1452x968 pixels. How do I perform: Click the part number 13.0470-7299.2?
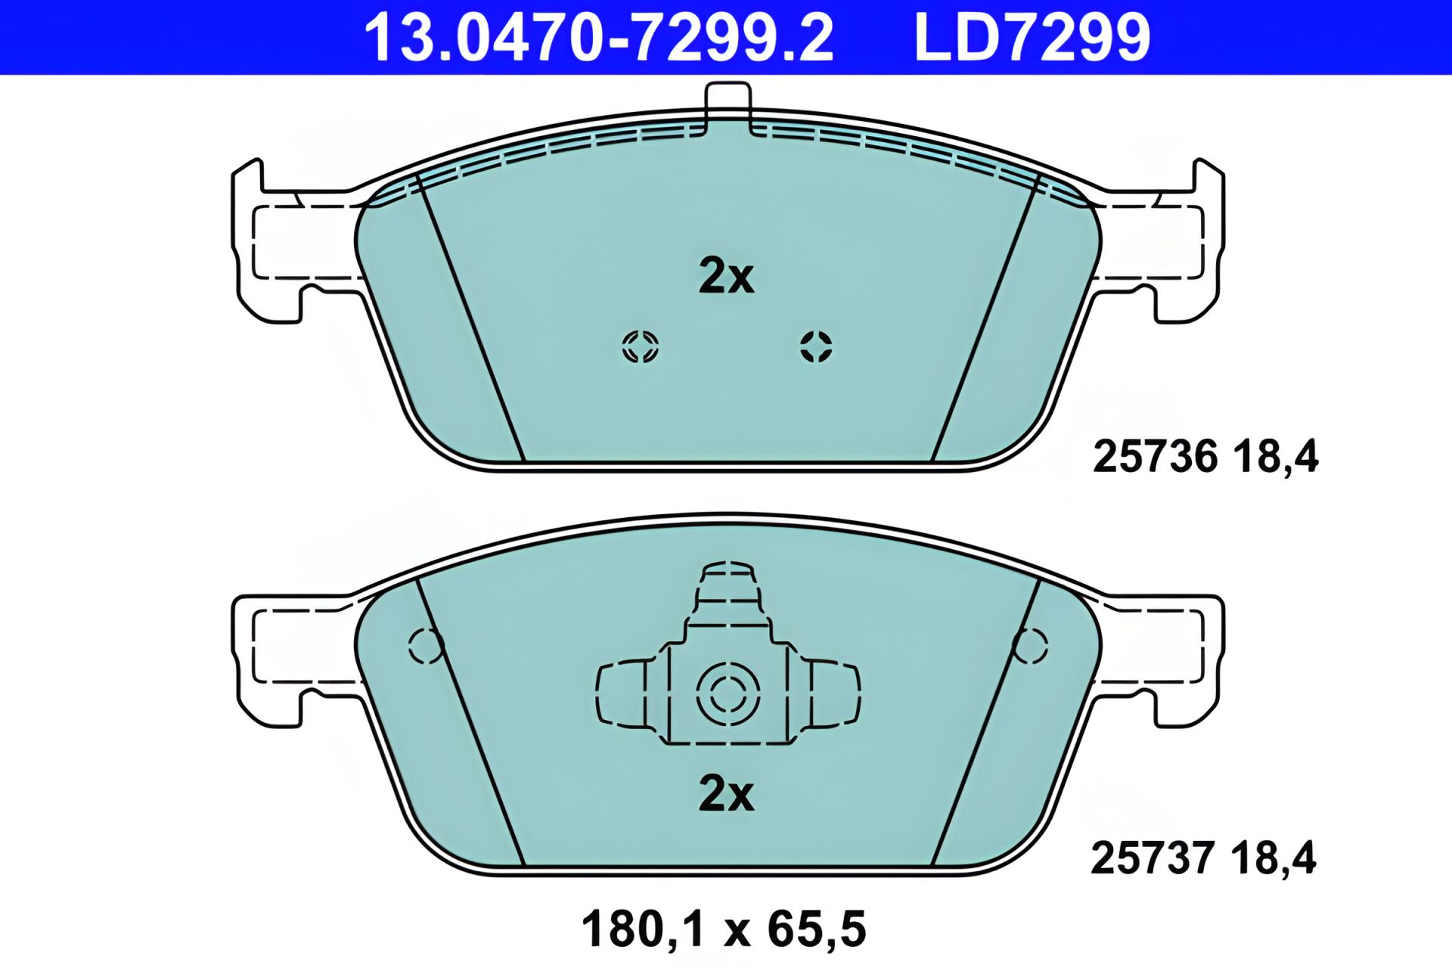598,38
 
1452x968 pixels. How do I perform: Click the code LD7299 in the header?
1032,38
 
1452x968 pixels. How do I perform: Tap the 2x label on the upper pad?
725,277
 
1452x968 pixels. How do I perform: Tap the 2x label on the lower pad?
725,794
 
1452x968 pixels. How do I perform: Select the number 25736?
1156,457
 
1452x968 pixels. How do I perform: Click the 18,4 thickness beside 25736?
1276,457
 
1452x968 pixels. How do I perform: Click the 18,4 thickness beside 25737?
1274,858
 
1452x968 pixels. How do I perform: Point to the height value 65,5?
817,929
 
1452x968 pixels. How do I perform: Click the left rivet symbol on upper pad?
640,347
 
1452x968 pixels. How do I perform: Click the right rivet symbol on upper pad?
816,347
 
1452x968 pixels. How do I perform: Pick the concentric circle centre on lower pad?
728,693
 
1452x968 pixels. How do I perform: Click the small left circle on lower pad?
425,646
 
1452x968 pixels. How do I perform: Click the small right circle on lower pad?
1029,646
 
